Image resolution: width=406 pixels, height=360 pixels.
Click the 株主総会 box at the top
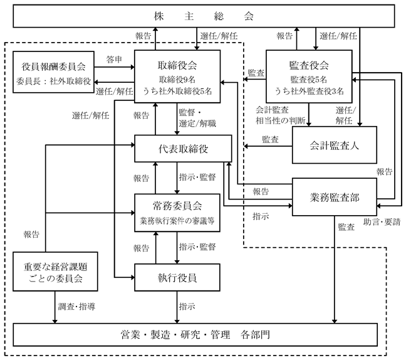[204, 16]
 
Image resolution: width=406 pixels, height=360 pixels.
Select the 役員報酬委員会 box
[54, 71]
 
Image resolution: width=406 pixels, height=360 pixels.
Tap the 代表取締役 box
[183, 149]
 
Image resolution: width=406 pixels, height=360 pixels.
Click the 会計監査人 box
[335, 145]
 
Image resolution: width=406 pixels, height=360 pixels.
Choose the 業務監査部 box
[335, 197]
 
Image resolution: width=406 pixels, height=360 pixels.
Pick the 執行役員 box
[177, 277]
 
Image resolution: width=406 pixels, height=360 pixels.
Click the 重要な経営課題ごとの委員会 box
[55, 272]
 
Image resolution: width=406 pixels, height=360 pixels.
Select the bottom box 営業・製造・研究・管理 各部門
[195, 335]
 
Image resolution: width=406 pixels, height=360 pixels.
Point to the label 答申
[114, 60]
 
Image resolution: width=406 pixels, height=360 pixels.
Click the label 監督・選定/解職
[197, 118]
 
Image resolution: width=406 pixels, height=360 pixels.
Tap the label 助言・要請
[382, 222]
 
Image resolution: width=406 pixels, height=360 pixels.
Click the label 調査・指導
[76, 307]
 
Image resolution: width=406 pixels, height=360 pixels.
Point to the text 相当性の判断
[281, 120]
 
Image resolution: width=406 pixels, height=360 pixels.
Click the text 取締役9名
[177, 80]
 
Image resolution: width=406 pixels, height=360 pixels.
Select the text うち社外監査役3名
[309, 91]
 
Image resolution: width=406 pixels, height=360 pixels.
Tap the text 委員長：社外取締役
[54, 82]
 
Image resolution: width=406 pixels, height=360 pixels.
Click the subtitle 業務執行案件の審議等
[177, 221]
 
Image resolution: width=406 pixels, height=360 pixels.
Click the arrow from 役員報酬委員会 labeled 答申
[115, 67]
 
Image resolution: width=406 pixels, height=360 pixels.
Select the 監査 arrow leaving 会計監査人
[268, 146]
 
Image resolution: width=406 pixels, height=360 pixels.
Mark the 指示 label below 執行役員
[187, 307]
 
